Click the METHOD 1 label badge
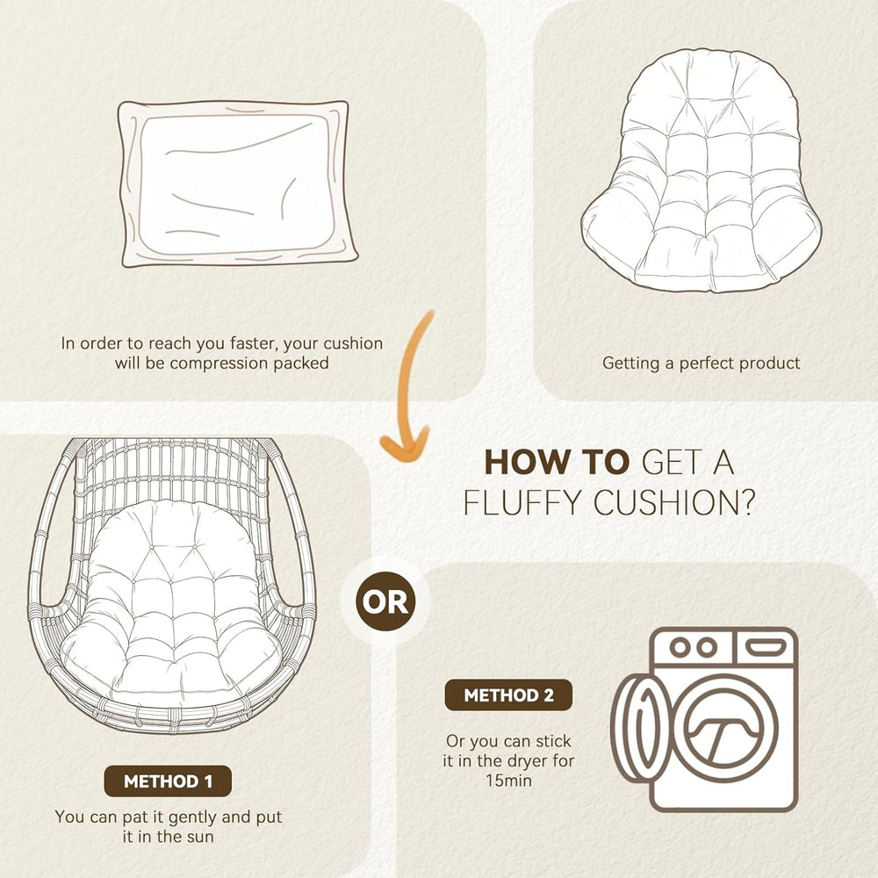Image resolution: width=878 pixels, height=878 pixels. tap(168, 781)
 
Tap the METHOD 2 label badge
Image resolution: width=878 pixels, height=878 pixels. tap(508, 694)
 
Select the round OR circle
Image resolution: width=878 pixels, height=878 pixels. tap(385, 601)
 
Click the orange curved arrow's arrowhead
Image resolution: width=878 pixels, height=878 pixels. tap(404, 444)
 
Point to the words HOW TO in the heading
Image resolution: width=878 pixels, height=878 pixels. tap(558, 463)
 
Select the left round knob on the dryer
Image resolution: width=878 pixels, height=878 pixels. tap(680, 647)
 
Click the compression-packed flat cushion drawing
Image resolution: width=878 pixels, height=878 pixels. tap(237, 184)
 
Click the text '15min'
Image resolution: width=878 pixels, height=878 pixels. tap(508, 781)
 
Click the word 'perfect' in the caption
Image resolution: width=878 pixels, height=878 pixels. tap(711, 363)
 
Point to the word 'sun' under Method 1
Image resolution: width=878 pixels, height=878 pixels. tap(200, 837)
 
